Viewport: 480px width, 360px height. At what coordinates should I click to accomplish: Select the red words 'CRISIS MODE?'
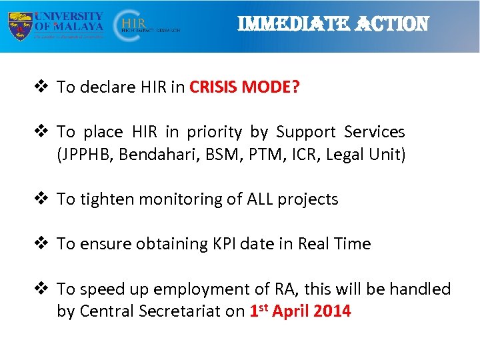tap(245, 87)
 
